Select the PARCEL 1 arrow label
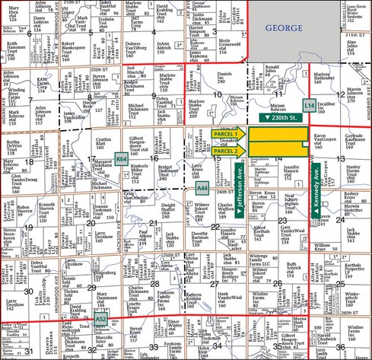[225, 134]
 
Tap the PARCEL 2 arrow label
[225, 151]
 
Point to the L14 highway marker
[308, 104]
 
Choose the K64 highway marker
[121, 159]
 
